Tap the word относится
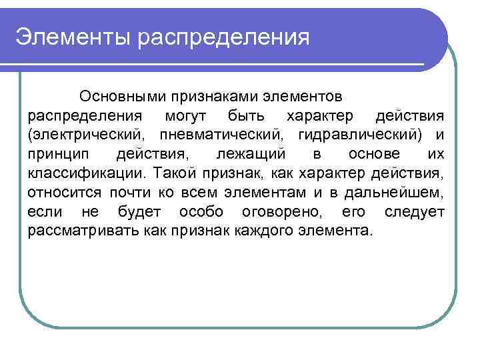tap(65, 193)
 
